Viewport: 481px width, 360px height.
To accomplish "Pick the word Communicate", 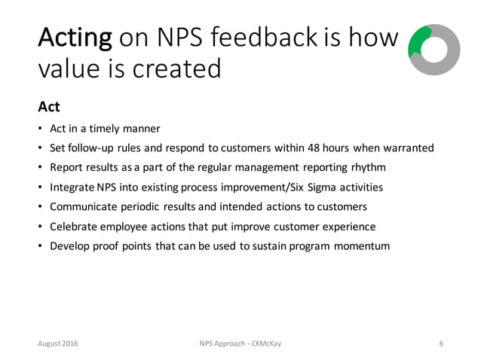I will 81,206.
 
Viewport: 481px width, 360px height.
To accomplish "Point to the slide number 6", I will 441,343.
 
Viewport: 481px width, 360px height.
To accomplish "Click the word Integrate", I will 72,187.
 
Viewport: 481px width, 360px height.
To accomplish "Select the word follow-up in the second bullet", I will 92,146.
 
